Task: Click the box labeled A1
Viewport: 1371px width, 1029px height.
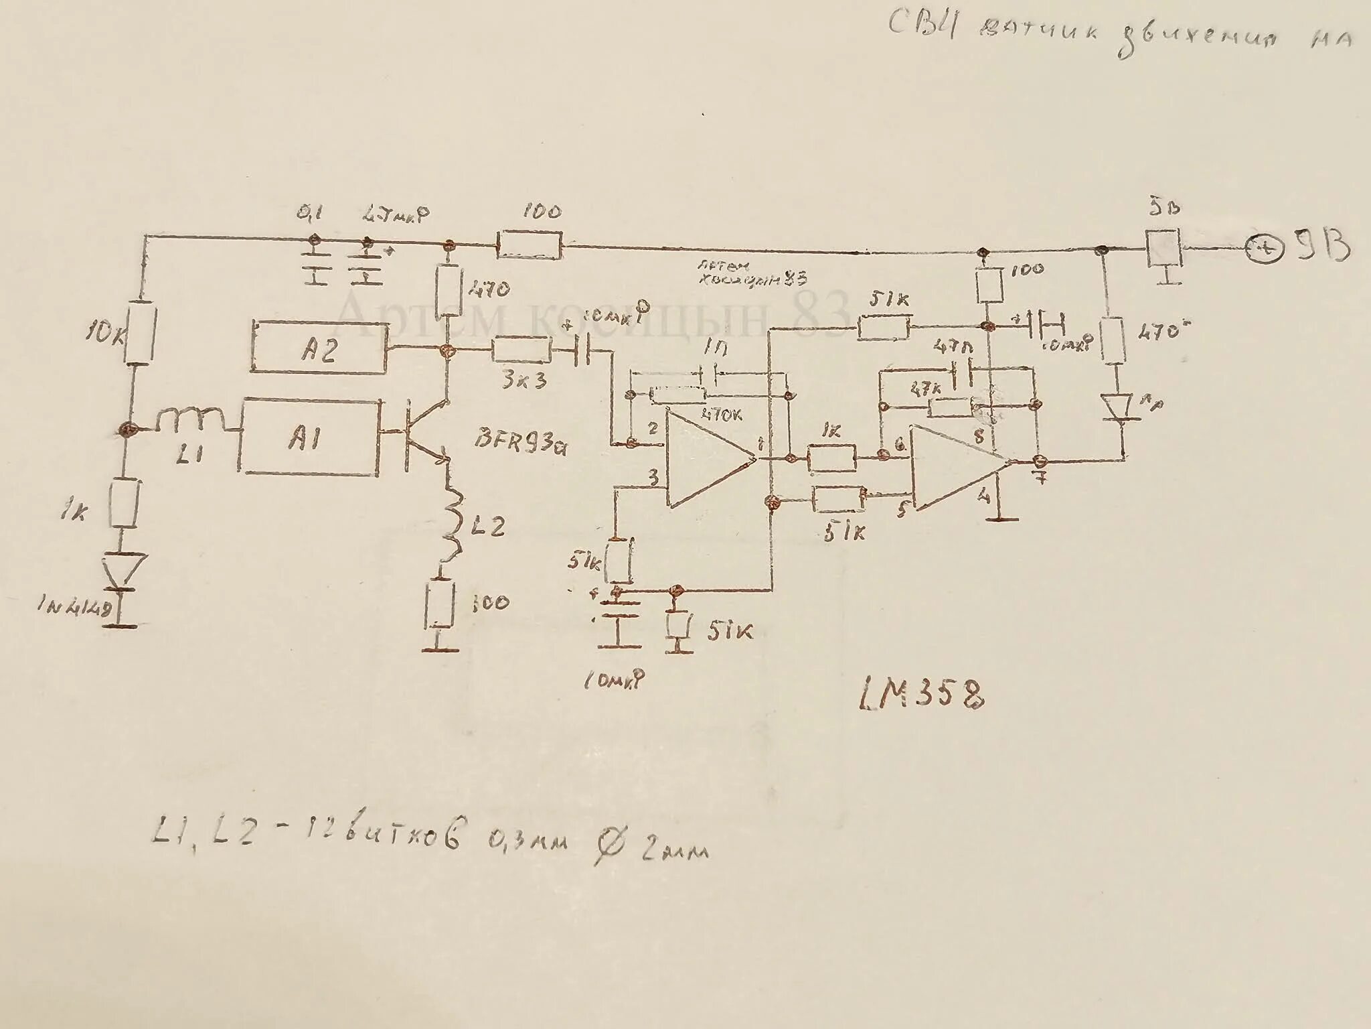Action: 309,438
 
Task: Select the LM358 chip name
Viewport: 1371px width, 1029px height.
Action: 922,697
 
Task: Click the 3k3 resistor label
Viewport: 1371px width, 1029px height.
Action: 523,380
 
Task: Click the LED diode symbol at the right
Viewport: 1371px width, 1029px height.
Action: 1116,406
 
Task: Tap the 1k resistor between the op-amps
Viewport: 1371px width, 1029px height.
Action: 831,458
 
